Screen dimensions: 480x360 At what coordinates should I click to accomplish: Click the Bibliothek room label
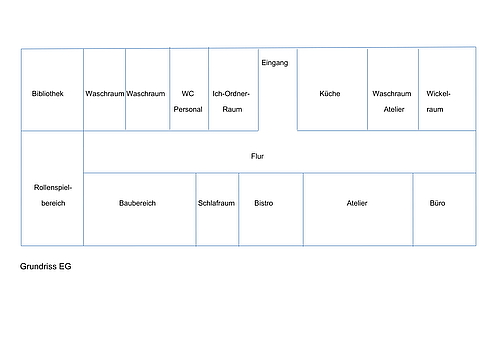coord(48,94)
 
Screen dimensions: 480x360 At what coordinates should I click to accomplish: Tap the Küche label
coord(330,94)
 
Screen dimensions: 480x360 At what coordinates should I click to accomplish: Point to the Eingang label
coord(275,63)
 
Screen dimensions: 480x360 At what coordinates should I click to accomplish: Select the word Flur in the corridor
coord(257,156)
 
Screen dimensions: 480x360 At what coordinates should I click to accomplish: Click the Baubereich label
coord(137,203)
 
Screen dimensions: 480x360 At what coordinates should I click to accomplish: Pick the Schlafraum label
coord(216,203)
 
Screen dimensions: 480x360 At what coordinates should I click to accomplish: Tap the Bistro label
coord(264,203)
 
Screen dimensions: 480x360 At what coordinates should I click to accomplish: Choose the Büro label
coord(437,203)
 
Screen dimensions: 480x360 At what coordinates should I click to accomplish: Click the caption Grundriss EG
coord(46,266)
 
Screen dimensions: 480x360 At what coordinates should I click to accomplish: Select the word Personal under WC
coord(188,109)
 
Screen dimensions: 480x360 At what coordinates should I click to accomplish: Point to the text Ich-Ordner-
coord(231,94)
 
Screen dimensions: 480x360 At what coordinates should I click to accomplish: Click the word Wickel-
coord(438,94)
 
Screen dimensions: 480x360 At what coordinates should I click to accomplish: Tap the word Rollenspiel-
coord(53,187)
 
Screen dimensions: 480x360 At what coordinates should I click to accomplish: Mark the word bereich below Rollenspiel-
coord(53,203)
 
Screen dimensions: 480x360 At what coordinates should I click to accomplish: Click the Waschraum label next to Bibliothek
coord(105,94)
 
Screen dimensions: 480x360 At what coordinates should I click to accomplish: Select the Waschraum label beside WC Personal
coord(146,94)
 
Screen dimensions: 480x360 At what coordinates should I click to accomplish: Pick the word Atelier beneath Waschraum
coord(394,109)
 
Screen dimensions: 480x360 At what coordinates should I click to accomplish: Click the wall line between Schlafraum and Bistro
coord(239,209)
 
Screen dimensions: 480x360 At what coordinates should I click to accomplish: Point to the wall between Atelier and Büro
coord(413,209)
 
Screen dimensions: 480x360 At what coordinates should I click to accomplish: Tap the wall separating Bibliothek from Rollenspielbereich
coord(52,131)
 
